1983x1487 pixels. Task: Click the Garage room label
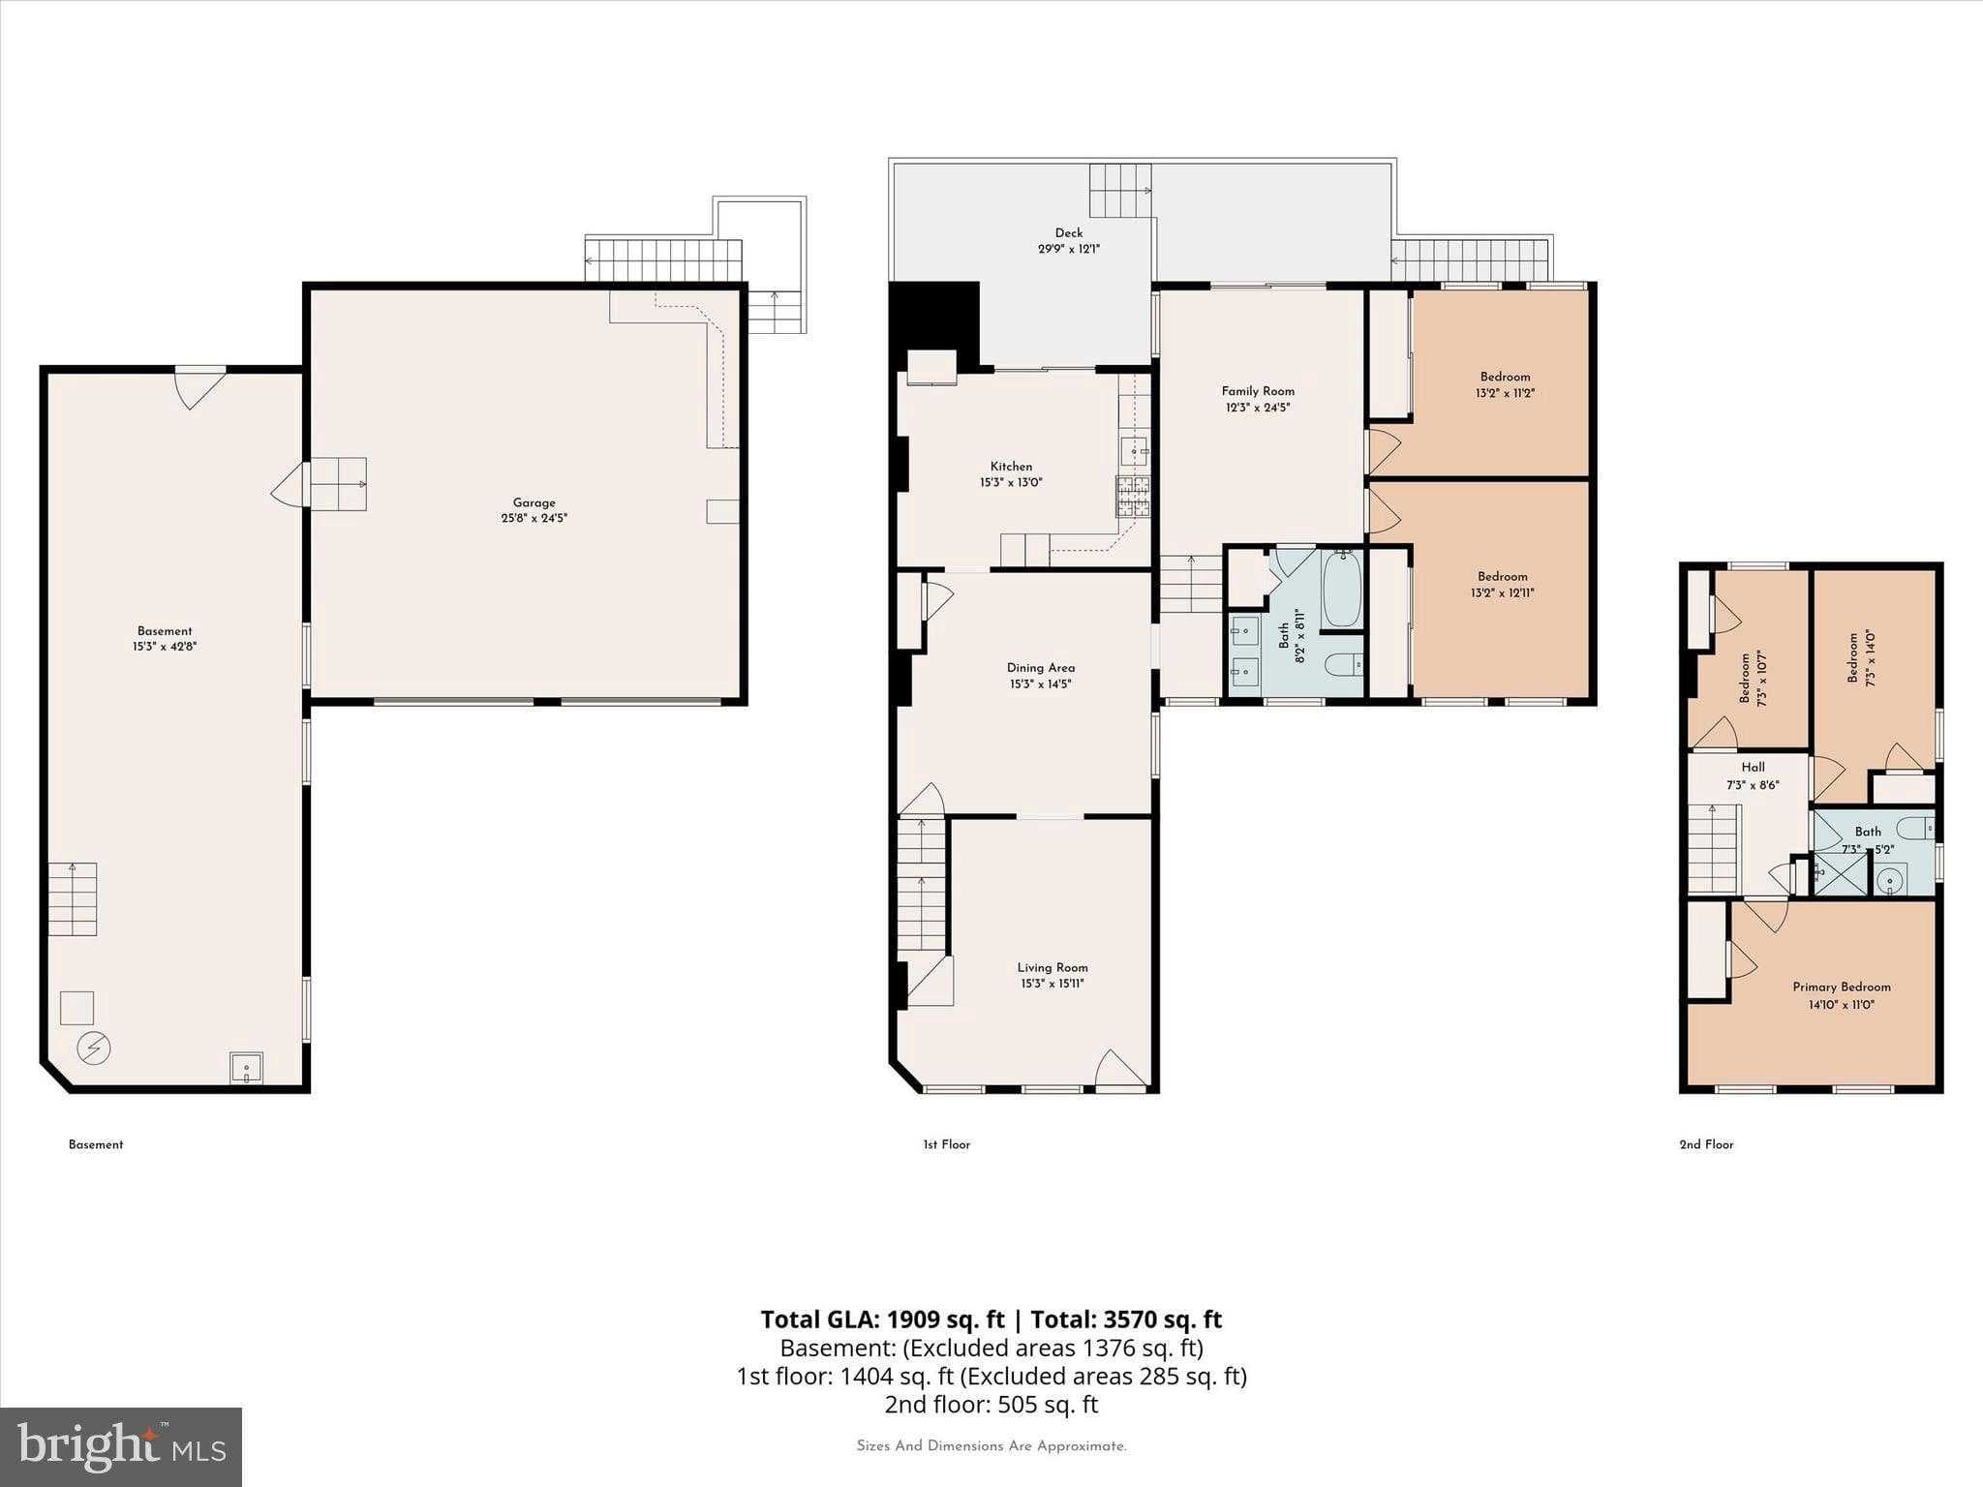pos(534,502)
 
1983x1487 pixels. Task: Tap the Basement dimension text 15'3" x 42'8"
pos(165,647)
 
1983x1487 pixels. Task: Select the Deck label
pos(1069,232)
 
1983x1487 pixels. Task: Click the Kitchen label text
pos(1011,467)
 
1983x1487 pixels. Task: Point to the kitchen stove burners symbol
pos(1134,497)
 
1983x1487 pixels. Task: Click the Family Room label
pos(1258,391)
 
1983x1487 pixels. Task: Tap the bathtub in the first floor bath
pos(1342,590)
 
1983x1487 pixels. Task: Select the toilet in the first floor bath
pos(1344,665)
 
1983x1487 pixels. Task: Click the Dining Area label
pos(1040,667)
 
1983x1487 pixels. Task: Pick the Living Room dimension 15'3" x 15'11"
pos(1052,984)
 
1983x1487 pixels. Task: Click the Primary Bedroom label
pos(1841,987)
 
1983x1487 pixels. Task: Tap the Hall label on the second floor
pos(1753,767)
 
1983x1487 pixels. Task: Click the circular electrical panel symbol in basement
pos(94,1047)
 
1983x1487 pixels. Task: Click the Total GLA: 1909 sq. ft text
pos(882,1320)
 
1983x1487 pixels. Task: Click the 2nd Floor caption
pos(1706,1144)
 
